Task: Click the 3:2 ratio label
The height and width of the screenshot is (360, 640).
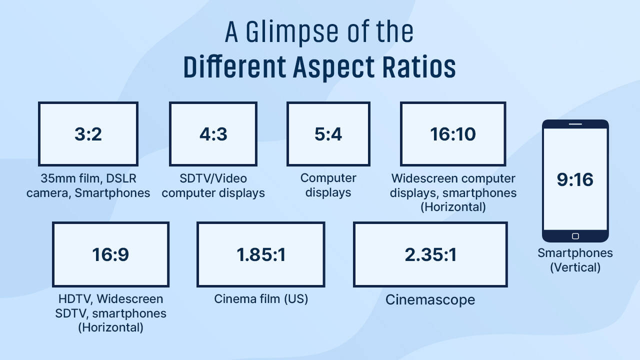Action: pyautogui.click(x=88, y=134)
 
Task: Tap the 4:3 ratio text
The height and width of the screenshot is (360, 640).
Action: pyautogui.click(x=213, y=134)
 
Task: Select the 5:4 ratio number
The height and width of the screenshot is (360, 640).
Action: pyautogui.click(x=328, y=134)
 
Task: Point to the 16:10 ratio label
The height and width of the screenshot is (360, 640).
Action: pyautogui.click(x=453, y=134)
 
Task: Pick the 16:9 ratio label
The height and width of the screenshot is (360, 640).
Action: pyautogui.click(x=110, y=254)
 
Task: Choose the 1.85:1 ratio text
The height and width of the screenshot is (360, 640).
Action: pyautogui.click(x=261, y=254)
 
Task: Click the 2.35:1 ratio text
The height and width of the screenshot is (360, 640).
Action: pyautogui.click(x=430, y=254)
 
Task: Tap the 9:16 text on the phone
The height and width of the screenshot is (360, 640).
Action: pyautogui.click(x=575, y=179)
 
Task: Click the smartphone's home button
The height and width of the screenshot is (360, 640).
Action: pyautogui.click(x=575, y=236)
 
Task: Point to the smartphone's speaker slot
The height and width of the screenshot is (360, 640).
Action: pyautogui.click(x=575, y=124)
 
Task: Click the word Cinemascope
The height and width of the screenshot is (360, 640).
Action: pyautogui.click(x=430, y=299)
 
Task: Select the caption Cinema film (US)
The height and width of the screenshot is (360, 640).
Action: pyautogui.click(x=261, y=299)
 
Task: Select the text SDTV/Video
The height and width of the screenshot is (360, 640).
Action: pyautogui.click(x=213, y=178)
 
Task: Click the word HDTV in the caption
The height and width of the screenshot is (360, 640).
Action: pyautogui.click(x=74, y=299)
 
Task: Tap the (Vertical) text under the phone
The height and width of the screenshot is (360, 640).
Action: pyautogui.click(x=575, y=267)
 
